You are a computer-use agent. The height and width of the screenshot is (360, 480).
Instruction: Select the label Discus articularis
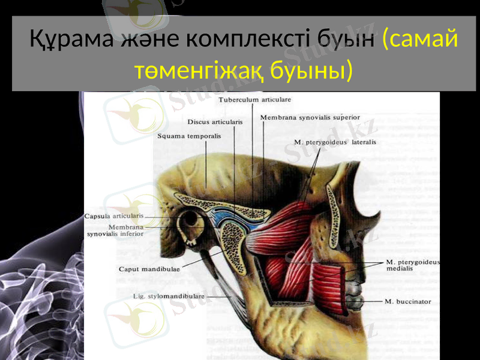pos(215,121)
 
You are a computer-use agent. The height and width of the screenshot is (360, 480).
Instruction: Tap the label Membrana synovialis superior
pos(310,118)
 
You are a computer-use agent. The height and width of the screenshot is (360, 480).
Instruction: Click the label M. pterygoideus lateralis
pos(335,142)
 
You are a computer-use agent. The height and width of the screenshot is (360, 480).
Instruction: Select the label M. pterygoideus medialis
pos(413,265)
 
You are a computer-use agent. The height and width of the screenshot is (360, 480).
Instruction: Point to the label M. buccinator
pos(408,301)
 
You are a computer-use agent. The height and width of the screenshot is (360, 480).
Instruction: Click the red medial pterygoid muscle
pos(324,276)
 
